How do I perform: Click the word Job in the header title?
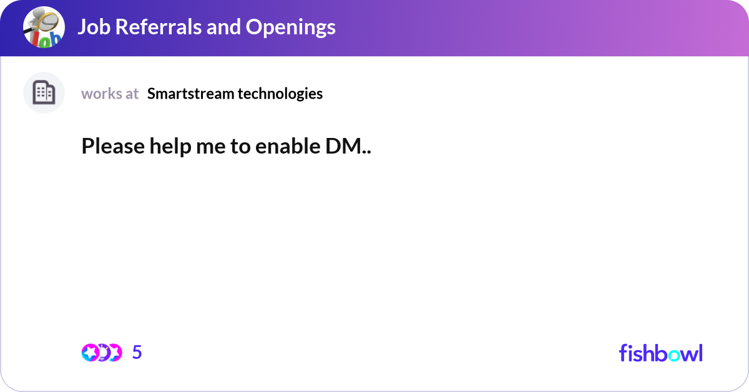point(93,27)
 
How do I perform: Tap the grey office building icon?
point(44,93)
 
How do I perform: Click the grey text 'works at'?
point(110,94)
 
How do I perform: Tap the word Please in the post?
point(113,147)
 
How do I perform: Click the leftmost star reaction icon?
point(89,353)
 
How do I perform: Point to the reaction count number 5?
point(137,353)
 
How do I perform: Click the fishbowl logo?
point(660,353)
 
